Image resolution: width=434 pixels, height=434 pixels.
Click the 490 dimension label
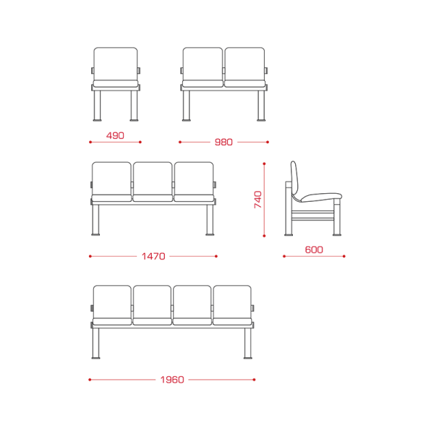point(115,136)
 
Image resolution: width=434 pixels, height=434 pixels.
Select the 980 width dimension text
point(224,142)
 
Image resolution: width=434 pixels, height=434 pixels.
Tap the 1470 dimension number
point(153,256)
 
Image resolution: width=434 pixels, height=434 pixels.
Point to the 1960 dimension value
point(172,380)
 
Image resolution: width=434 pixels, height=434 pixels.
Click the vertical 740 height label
point(258,200)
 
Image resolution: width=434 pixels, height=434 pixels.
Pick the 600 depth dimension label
point(314,250)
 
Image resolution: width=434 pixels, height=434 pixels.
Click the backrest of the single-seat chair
point(116,64)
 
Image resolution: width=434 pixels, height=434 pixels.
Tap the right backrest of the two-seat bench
point(244,64)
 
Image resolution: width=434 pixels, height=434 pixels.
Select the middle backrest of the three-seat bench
point(153,179)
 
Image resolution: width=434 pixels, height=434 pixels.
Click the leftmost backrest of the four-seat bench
point(112,302)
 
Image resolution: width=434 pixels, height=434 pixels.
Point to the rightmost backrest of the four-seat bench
point(232,302)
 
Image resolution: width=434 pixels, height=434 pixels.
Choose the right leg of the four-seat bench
point(247,344)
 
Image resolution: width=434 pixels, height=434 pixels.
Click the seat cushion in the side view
point(321,197)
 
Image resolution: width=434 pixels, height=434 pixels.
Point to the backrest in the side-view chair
point(294,180)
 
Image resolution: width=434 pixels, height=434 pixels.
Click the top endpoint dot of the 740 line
point(264,164)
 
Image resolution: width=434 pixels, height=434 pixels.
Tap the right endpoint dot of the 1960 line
point(254,380)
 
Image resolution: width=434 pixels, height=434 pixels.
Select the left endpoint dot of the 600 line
point(284,256)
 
